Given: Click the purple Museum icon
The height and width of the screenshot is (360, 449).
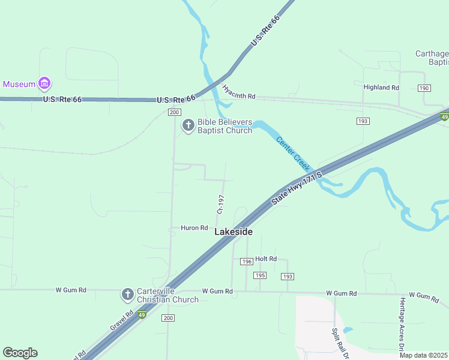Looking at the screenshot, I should point(44,83).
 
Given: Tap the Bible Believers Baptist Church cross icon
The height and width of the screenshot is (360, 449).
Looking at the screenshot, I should point(188,125).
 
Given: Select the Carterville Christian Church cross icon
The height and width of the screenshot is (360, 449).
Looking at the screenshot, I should point(127,295).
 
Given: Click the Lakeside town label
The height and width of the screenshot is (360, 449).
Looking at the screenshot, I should point(234,232).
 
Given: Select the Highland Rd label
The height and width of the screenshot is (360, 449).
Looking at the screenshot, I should point(381,88).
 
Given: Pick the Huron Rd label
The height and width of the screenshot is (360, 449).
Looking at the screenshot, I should point(194,229).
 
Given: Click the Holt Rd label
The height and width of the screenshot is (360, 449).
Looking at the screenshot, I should point(265,259).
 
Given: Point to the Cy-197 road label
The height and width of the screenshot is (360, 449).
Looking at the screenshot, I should point(220,204).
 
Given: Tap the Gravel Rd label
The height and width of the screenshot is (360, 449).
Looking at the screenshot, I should point(121,321).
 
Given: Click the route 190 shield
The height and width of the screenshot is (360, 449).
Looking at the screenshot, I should point(424,88).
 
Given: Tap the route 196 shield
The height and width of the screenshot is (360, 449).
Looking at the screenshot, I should point(246,262).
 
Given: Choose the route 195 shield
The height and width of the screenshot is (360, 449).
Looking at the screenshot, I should point(259,275).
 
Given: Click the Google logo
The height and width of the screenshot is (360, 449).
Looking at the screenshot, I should point(20,353).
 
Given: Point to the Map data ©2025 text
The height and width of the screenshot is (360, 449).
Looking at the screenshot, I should point(424,355).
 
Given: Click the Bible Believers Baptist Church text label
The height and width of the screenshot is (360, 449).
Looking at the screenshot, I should point(225,126).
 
